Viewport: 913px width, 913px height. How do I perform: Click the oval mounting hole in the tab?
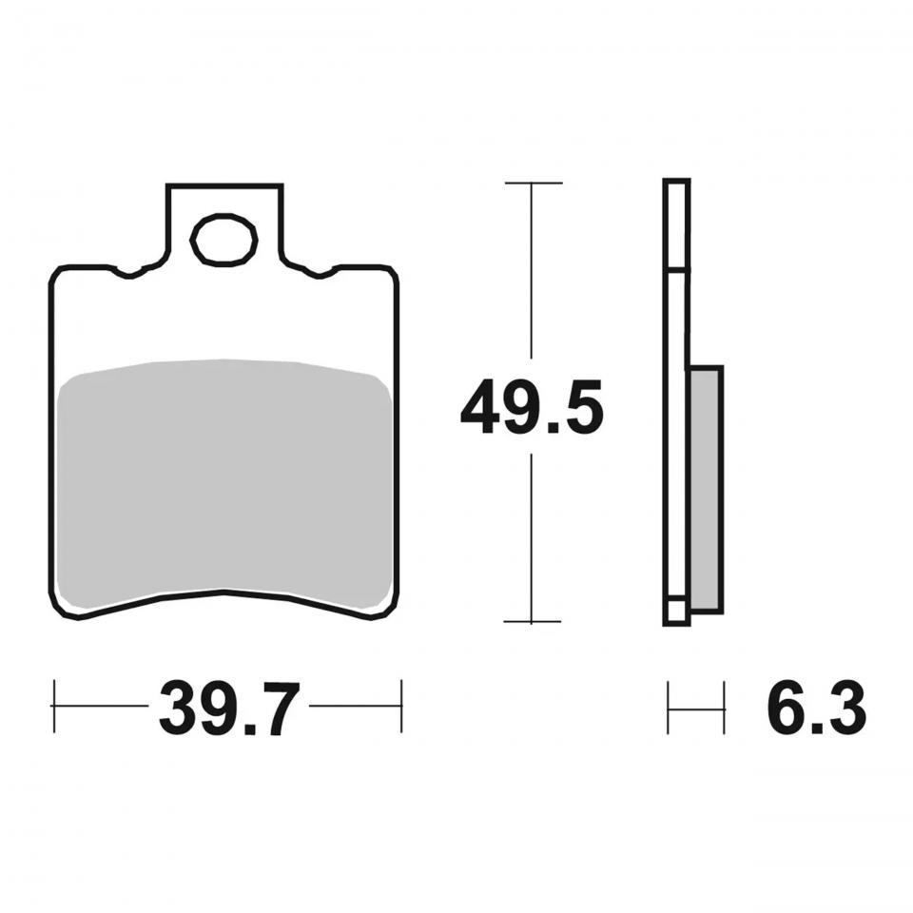coord(224,240)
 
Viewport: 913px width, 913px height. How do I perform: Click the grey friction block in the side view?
coord(707,489)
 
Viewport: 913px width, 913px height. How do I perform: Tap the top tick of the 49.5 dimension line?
coord(534,183)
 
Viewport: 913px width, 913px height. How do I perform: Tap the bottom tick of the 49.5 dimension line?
coord(533,621)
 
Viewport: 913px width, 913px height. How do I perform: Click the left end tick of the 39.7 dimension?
coord(54,706)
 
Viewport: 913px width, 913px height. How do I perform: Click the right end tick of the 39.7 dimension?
coord(401,706)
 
